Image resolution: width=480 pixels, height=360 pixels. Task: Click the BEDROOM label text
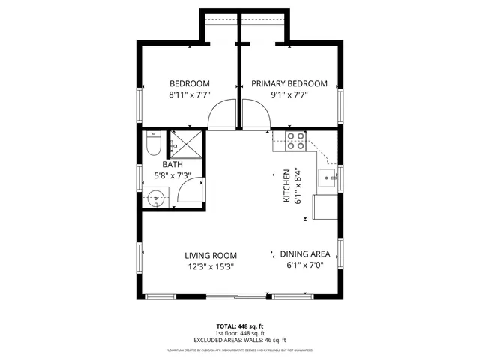(x=189, y=83)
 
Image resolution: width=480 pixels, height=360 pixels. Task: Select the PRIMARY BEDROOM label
(x=289, y=83)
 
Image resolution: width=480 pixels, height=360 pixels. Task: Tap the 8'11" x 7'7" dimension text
(x=189, y=95)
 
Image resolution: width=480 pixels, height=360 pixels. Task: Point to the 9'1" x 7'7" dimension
(x=289, y=95)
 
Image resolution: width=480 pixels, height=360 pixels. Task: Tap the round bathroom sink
(x=156, y=199)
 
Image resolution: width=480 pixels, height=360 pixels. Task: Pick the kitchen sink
(x=328, y=178)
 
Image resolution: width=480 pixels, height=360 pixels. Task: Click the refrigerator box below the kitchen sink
(x=325, y=207)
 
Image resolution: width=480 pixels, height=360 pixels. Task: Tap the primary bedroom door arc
(x=255, y=115)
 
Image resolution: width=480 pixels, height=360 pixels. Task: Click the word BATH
(x=172, y=164)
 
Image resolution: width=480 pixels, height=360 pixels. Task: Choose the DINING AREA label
(x=305, y=253)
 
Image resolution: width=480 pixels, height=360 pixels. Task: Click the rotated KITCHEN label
(x=286, y=185)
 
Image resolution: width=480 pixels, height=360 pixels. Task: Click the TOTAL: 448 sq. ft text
(x=240, y=326)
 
